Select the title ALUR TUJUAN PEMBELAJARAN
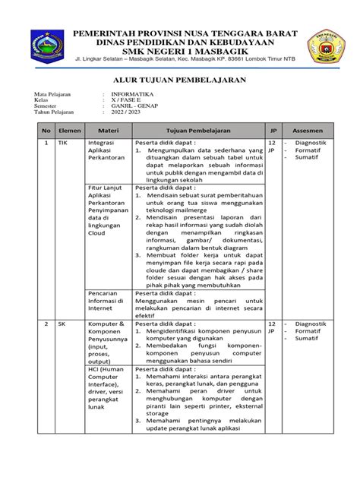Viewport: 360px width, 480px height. (179, 79)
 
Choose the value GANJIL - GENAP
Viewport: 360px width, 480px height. (131, 106)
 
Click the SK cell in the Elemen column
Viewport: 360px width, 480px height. (62, 324)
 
